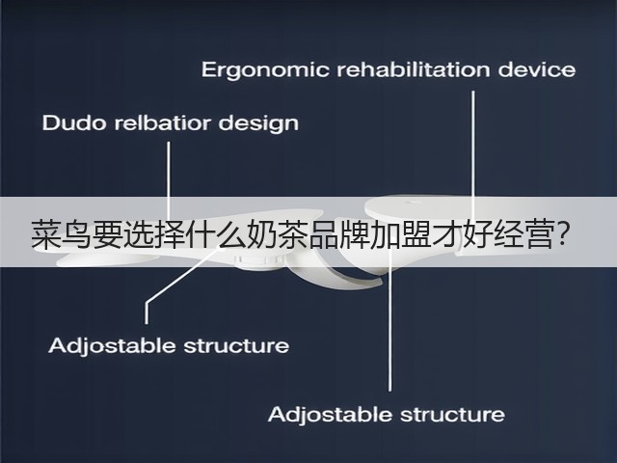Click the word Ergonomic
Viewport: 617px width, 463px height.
265,70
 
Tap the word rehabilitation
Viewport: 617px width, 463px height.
414,69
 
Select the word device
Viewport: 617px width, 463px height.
537,69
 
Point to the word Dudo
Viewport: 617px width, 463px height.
74,123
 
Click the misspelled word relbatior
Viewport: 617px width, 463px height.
163,123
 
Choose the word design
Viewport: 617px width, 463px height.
258,124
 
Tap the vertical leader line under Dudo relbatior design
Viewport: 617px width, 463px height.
169,181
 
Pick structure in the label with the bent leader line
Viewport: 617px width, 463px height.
236,346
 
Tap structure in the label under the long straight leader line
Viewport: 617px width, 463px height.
452,415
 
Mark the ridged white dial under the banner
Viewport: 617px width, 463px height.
259,261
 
